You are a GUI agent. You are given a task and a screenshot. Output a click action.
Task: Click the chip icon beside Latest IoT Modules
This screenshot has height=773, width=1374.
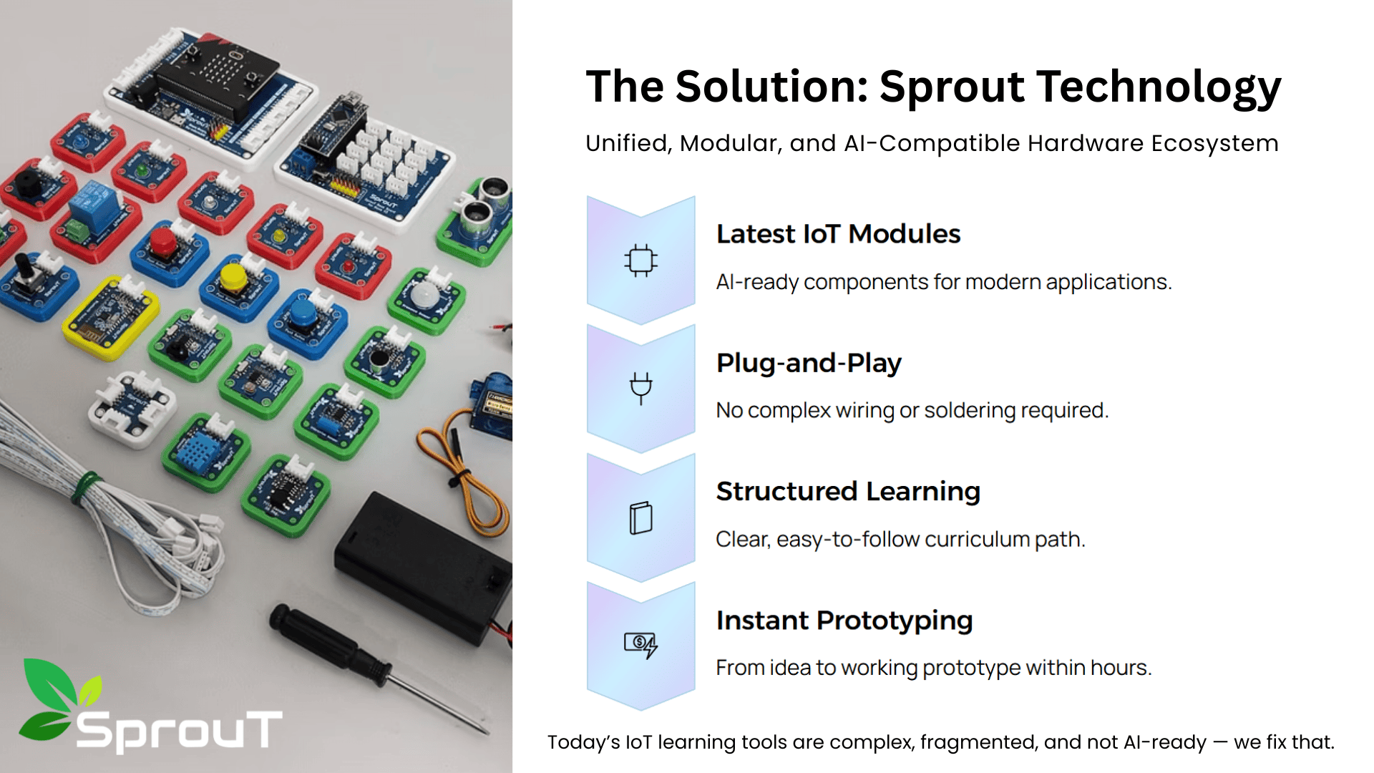(x=640, y=261)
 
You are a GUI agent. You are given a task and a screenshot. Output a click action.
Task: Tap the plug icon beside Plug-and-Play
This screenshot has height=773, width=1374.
(x=640, y=389)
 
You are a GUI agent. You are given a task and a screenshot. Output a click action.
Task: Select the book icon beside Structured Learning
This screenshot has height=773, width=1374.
(x=640, y=517)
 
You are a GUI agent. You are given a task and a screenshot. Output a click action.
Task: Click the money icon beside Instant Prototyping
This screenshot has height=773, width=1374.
(x=640, y=646)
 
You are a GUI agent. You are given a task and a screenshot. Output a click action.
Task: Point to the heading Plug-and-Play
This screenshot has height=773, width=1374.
(x=809, y=363)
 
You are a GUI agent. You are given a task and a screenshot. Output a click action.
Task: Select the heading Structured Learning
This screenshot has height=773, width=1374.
(x=848, y=491)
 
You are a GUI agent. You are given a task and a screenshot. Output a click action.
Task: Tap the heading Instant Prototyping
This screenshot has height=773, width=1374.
(x=844, y=620)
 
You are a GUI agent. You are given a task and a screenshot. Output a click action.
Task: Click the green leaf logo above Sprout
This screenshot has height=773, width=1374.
(x=60, y=698)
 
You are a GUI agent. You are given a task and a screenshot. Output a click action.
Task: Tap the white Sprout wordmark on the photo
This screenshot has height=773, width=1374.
(x=179, y=731)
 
